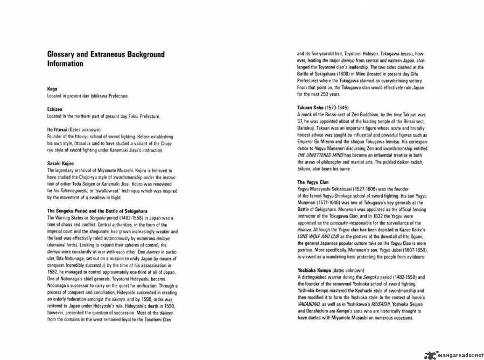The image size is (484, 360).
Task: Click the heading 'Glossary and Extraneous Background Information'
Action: [x=106, y=59]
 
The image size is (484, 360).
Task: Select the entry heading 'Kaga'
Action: [x=51, y=91]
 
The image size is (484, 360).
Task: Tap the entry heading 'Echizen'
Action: [x=54, y=109]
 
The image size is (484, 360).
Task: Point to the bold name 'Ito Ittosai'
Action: [x=57, y=130]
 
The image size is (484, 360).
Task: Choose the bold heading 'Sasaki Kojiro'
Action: [x=60, y=164]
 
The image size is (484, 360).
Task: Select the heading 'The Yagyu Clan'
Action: [x=313, y=182]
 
